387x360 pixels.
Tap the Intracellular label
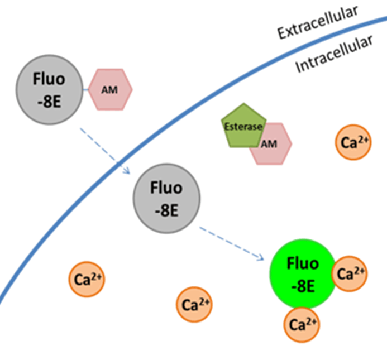coord(334,54)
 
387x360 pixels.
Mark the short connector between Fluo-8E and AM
coord(85,89)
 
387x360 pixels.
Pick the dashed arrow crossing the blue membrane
coord(103,150)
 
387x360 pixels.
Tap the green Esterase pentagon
coord(242,126)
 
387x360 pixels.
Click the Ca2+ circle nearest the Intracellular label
coord(353,143)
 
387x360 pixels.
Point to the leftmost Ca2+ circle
coord(87,280)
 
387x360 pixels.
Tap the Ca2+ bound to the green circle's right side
coord(350,274)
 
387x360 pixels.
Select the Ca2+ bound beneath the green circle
coord(302,324)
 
